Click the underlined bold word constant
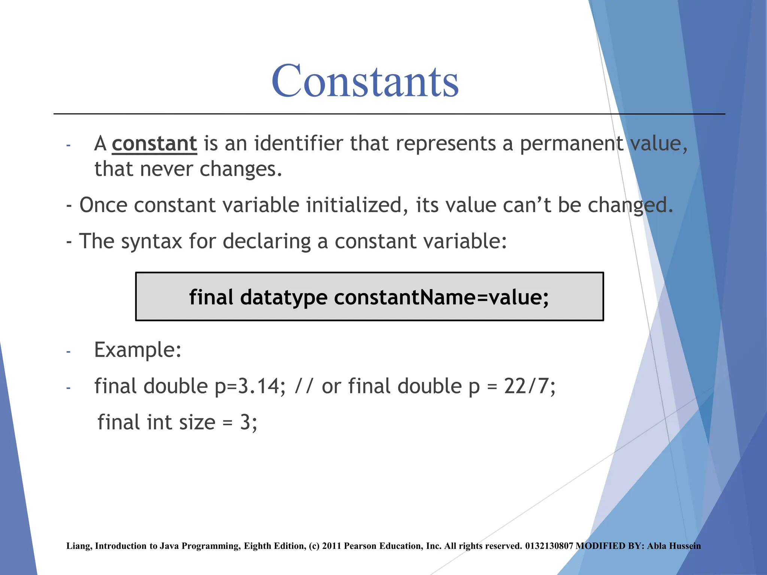pos(154,144)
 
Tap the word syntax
pos(152,241)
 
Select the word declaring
pos(267,241)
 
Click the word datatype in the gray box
pos(284,297)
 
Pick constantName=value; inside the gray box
pos(441,297)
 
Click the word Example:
pos(138,350)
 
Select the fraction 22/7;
pos(530,386)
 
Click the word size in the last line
pos(197,423)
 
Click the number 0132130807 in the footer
pos(549,546)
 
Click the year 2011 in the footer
pos(331,546)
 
